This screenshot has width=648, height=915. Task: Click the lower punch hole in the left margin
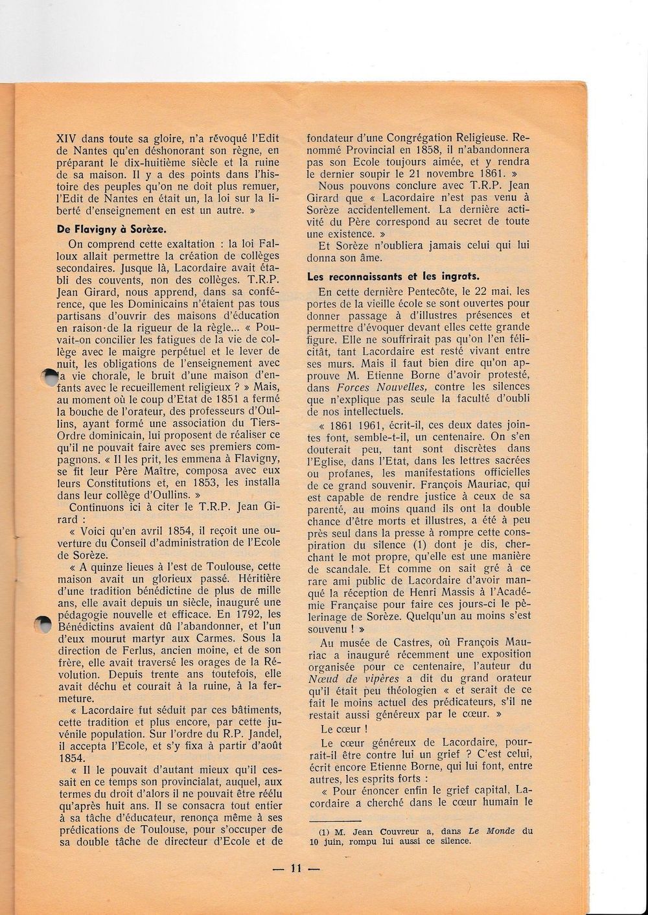pyautogui.click(x=41, y=624)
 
